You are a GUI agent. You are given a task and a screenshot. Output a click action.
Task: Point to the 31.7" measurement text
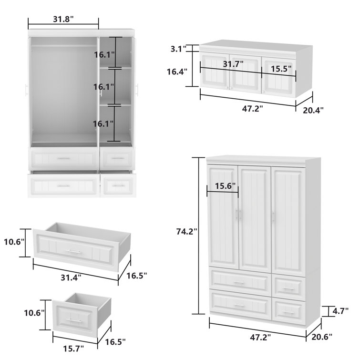[233, 63]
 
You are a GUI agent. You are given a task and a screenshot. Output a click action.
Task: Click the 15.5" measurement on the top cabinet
[281, 69]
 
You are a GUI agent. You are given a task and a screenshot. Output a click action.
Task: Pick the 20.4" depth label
[313, 110]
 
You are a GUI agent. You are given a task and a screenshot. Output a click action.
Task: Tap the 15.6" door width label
[225, 186]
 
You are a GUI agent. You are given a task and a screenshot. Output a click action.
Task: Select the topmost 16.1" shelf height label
[104, 55]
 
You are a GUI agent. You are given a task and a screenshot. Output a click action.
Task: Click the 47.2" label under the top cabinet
[252, 108]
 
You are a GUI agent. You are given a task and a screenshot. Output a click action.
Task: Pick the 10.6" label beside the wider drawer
[14, 242]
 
